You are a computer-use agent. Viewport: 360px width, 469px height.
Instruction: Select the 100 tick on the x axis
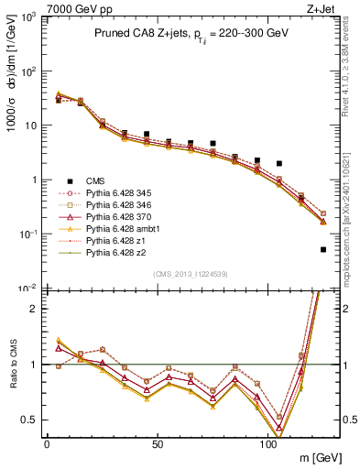click(267, 443)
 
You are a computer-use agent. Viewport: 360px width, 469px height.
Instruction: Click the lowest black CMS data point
click(322, 249)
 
